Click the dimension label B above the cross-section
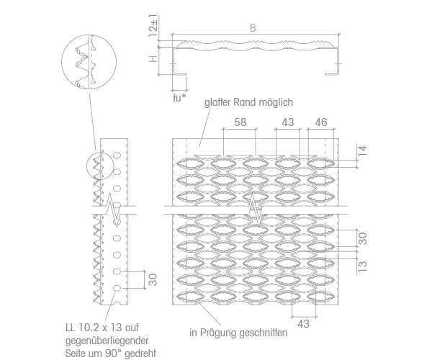[x=253, y=28]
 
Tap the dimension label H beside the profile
[x=153, y=58]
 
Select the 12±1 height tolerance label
[x=153, y=25]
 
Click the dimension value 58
[x=240, y=122]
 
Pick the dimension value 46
[x=321, y=122]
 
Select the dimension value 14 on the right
[x=363, y=151]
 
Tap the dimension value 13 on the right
[x=363, y=266]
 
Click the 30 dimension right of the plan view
[x=363, y=238]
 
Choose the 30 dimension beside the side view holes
[x=153, y=279]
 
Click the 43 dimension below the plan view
[x=303, y=324]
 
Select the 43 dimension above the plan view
[x=288, y=122]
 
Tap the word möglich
[x=275, y=102]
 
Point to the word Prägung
[x=218, y=333]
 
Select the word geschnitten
[x=263, y=333]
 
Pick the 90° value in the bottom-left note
[x=113, y=353]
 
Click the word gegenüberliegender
[x=107, y=341]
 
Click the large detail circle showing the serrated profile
[x=89, y=35]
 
